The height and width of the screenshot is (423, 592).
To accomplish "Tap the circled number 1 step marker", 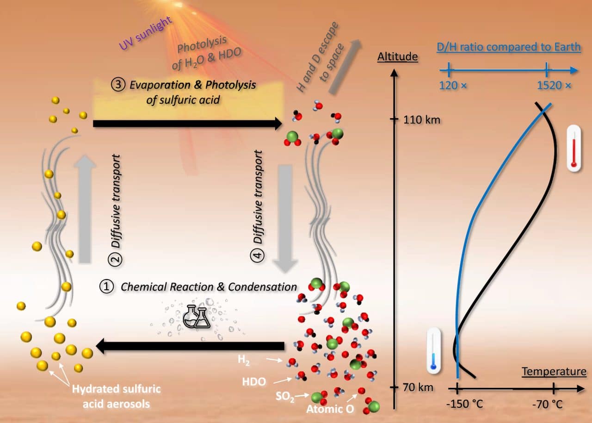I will point(106,287).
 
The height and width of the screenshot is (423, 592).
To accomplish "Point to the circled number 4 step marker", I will point(259,255).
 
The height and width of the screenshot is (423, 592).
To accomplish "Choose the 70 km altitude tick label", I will point(418,387).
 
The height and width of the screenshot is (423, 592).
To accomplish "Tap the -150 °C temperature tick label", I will point(464,404).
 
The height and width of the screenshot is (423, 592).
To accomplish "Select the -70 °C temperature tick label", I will point(547,404).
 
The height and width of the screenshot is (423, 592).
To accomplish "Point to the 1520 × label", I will point(554,86).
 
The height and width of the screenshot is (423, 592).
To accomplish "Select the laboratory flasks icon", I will point(196,317).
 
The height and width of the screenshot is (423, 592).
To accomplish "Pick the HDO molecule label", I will point(254,382).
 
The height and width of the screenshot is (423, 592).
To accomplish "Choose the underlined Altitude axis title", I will point(397,57).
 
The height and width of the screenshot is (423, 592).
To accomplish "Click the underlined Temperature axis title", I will point(554,372).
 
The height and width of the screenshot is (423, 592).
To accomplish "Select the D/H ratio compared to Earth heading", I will point(509,48).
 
